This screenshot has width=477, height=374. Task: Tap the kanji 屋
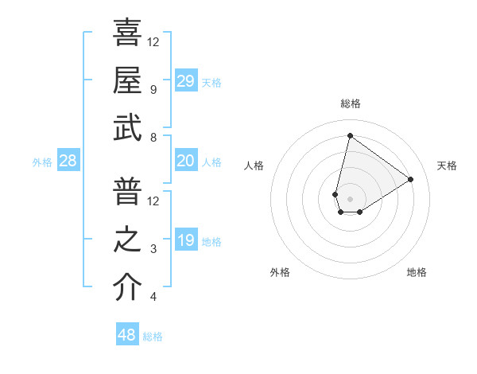click(127, 80)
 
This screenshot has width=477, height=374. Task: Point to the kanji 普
click(127, 192)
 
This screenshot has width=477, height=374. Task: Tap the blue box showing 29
click(185, 81)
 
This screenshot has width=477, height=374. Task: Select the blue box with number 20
click(185, 162)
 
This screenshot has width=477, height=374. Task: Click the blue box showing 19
click(185, 241)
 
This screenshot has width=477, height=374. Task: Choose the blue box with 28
click(68, 162)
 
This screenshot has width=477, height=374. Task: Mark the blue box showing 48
click(127, 335)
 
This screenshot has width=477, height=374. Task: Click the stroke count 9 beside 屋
click(153, 90)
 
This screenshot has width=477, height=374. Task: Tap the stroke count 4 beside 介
click(153, 298)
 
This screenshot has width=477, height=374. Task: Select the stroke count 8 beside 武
click(153, 138)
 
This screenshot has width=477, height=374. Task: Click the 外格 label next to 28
click(42, 162)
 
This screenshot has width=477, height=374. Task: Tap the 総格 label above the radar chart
click(350, 103)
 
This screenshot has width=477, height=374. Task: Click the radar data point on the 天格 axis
click(410, 179)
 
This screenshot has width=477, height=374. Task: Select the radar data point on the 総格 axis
click(350, 135)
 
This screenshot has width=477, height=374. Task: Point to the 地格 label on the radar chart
click(417, 272)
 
